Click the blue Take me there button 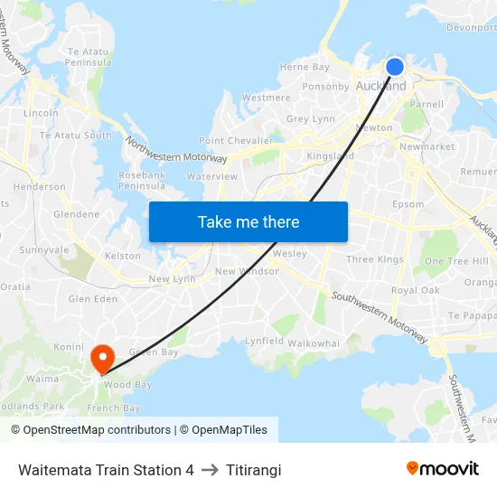(248, 221)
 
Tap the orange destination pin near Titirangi (101, 357)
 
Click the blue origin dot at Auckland (395, 66)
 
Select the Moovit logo (442, 468)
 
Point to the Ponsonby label (326, 87)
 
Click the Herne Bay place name (305, 67)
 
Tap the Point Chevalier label (235, 141)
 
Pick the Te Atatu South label (76, 136)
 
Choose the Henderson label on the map (40, 187)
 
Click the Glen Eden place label (93, 298)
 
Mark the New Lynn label (173, 279)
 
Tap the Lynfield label (265, 342)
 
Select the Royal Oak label (416, 291)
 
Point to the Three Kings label (375, 259)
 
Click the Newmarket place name (427, 146)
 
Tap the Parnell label (427, 104)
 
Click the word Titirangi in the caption (254, 470)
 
